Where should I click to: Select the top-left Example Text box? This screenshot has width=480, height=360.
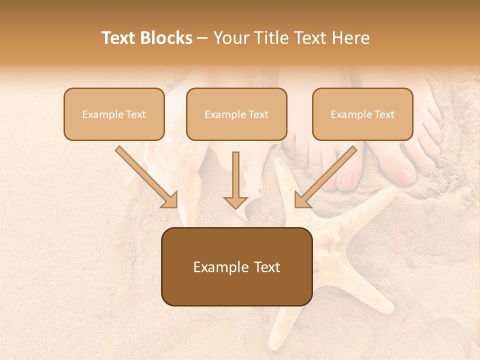coord(114,114)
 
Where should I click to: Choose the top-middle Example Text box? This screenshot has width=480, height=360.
coord(236,114)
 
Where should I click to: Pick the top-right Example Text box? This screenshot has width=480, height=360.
coord(362,114)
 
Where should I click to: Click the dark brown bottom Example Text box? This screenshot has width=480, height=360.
coord(237,267)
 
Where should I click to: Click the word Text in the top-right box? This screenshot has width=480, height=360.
coord(384,114)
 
